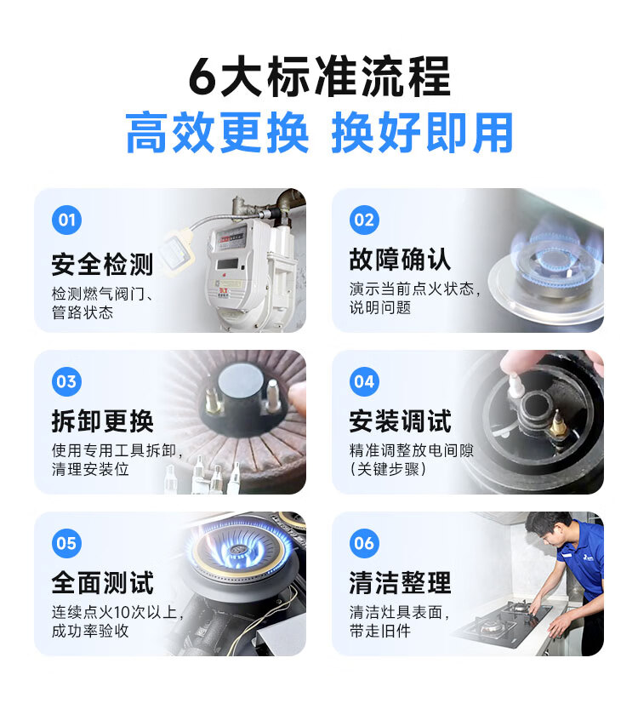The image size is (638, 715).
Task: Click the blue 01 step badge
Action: pos(66,220)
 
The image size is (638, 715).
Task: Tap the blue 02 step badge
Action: pos(364,220)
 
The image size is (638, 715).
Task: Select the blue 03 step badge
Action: pos(66,381)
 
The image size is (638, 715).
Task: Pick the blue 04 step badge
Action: pos(364,381)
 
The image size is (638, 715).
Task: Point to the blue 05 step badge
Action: pos(66,543)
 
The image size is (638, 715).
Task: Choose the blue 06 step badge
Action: pos(364,543)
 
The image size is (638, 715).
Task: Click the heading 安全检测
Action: pos(102,264)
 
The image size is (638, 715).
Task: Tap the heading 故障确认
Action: pos(400,260)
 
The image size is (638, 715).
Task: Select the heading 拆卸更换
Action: pos(102,420)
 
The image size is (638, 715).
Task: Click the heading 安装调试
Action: pos(400,420)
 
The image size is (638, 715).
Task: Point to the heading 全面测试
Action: pos(102,582)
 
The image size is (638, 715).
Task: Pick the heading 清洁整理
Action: pos(400,582)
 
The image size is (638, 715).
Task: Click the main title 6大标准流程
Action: pos(320,77)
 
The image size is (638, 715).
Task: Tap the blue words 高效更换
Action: pos(218,133)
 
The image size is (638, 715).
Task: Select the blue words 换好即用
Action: pos(423,133)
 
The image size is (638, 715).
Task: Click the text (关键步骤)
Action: pos(388,469)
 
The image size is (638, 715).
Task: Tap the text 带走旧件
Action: pos(380,631)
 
